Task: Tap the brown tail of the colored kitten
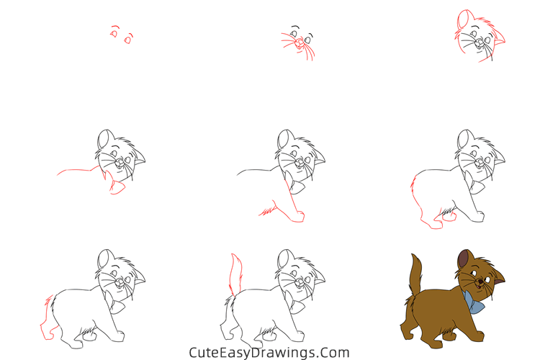tap(416, 274)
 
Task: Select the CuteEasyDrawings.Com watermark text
tap(269, 353)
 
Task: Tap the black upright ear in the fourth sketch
tap(104, 138)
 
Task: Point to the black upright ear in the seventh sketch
tap(104, 259)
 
